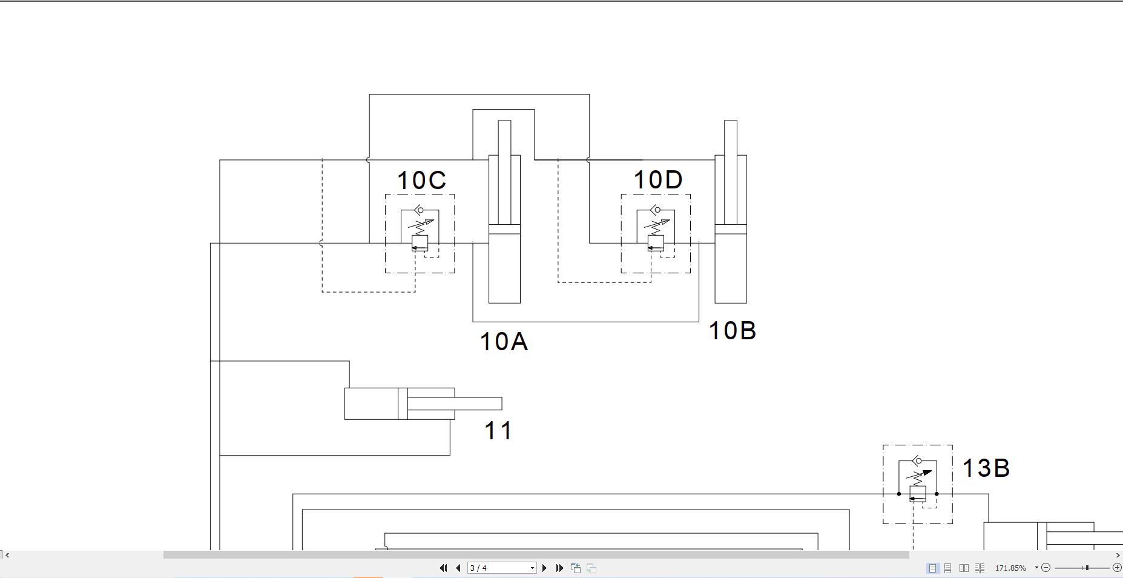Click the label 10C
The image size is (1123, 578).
coord(421,181)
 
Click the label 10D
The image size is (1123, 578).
coord(657,180)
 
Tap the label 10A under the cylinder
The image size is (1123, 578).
coord(503,342)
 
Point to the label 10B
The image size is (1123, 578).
coord(732,331)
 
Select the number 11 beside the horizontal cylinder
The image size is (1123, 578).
coord(498,431)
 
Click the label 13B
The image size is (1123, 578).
coord(986,468)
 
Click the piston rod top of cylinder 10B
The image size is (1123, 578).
coord(730,124)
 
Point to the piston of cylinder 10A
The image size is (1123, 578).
coord(504,229)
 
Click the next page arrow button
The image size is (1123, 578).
coord(544,568)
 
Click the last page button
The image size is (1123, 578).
coord(560,568)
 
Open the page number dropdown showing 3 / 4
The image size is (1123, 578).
coord(532,568)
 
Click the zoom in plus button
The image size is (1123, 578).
coord(1117,568)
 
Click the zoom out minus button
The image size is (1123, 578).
coord(1046,568)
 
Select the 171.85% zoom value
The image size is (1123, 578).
coord(1010,568)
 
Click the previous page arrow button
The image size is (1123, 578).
coord(458,568)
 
